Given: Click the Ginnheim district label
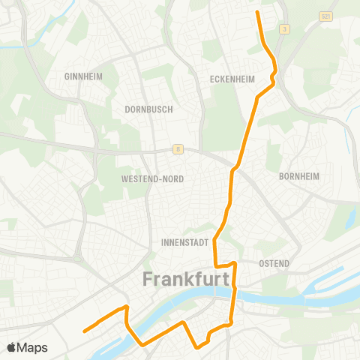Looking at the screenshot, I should (x=82, y=76).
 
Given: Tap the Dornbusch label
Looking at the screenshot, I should (x=148, y=109).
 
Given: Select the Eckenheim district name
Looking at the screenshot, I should (x=234, y=79).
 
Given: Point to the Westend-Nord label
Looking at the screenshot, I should (x=152, y=179).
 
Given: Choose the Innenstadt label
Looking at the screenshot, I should (x=183, y=243).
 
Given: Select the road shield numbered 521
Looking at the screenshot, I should (x=325, y=15).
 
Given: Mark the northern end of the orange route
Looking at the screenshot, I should (x=258, y=12).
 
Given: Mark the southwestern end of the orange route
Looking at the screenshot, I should (x=84, y=329).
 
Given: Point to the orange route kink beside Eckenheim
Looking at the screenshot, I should (x=273, y=77).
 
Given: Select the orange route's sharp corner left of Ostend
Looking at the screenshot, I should (x=216, y=265).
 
